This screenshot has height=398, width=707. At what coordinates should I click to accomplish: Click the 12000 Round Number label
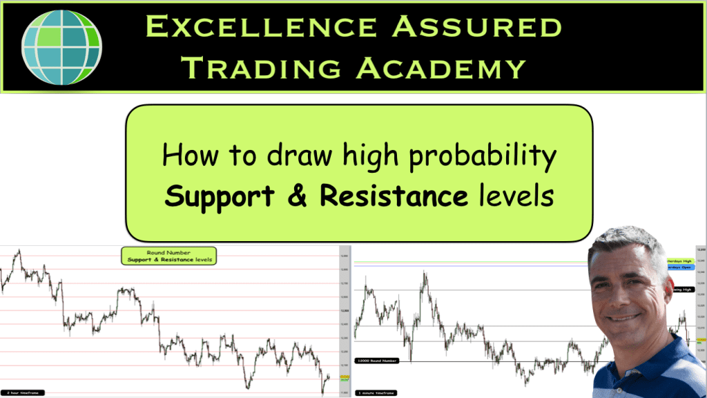pos(377,360)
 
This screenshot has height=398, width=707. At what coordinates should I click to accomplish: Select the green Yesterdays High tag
pos(681,261)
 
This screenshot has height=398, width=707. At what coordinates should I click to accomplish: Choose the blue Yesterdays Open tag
pos(681,267)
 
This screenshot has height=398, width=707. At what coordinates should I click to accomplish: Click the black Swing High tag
pos(684,290)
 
